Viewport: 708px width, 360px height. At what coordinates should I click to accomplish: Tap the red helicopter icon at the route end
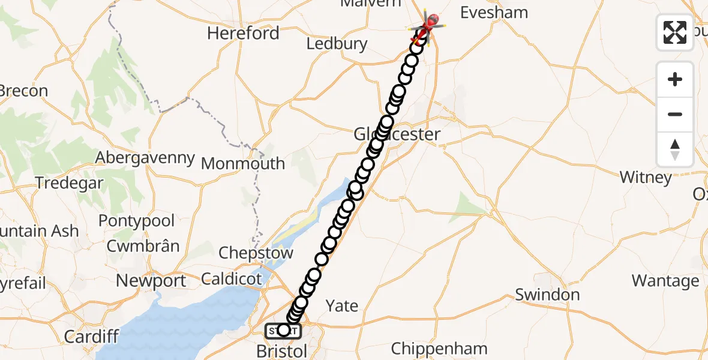(x=430, y=23)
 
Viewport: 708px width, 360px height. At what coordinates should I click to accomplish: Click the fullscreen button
(x=675, y=32)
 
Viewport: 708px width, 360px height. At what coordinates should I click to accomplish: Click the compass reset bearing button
(x=675, y=149)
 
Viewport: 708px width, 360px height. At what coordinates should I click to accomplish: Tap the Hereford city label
(x=243, y=33)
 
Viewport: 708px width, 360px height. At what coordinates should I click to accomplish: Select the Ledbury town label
(x=337, y=44)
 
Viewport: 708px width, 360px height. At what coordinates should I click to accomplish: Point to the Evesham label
(x=494, y=13)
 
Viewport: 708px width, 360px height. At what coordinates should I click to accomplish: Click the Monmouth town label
(x=243, y=163)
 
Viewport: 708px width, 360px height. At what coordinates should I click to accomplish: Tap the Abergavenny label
(x=145, y=158)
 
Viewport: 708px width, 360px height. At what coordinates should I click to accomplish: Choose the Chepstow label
(x=256, y=253)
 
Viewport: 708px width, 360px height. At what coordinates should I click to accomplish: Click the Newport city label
(x=151, y=280)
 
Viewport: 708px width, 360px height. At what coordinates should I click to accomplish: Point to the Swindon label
(x=547, y=295)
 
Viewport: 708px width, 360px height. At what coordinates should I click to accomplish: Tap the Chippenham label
(x=439, y=349)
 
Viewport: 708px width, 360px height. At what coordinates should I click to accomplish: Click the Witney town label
(x=646, y=178)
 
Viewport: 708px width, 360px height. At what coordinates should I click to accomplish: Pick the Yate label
(x=342, y=306)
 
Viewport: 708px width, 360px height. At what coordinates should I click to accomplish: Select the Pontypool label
(x=136, y=221)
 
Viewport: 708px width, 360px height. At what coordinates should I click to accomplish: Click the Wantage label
(x=665, y=281)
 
